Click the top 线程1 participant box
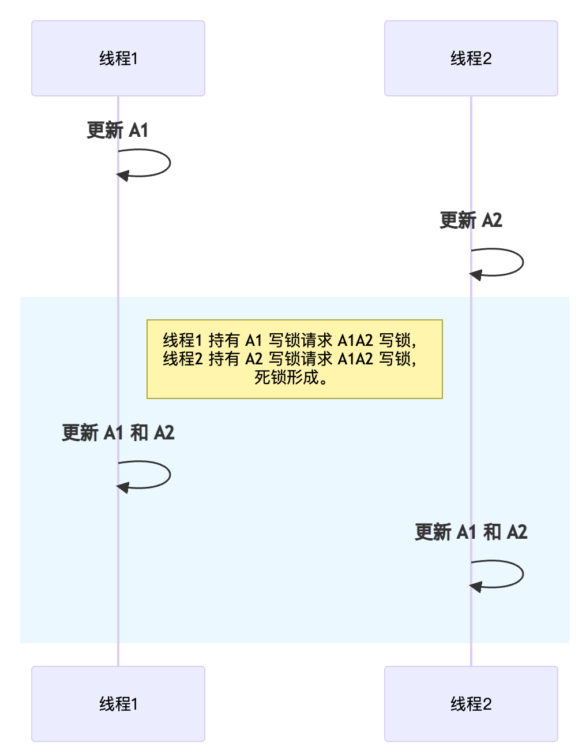118,58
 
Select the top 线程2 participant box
471,58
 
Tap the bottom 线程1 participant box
118,703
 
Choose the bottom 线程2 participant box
471,703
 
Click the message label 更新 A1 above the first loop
118,131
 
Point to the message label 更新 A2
471,220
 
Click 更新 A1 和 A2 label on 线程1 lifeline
118,433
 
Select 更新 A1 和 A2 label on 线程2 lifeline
471,532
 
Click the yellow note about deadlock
294,359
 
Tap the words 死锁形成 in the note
287,378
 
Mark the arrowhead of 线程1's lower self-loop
122,487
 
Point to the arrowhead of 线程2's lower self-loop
475,587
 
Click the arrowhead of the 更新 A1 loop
122,175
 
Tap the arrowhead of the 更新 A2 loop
475,275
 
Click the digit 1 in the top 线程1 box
134,58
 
